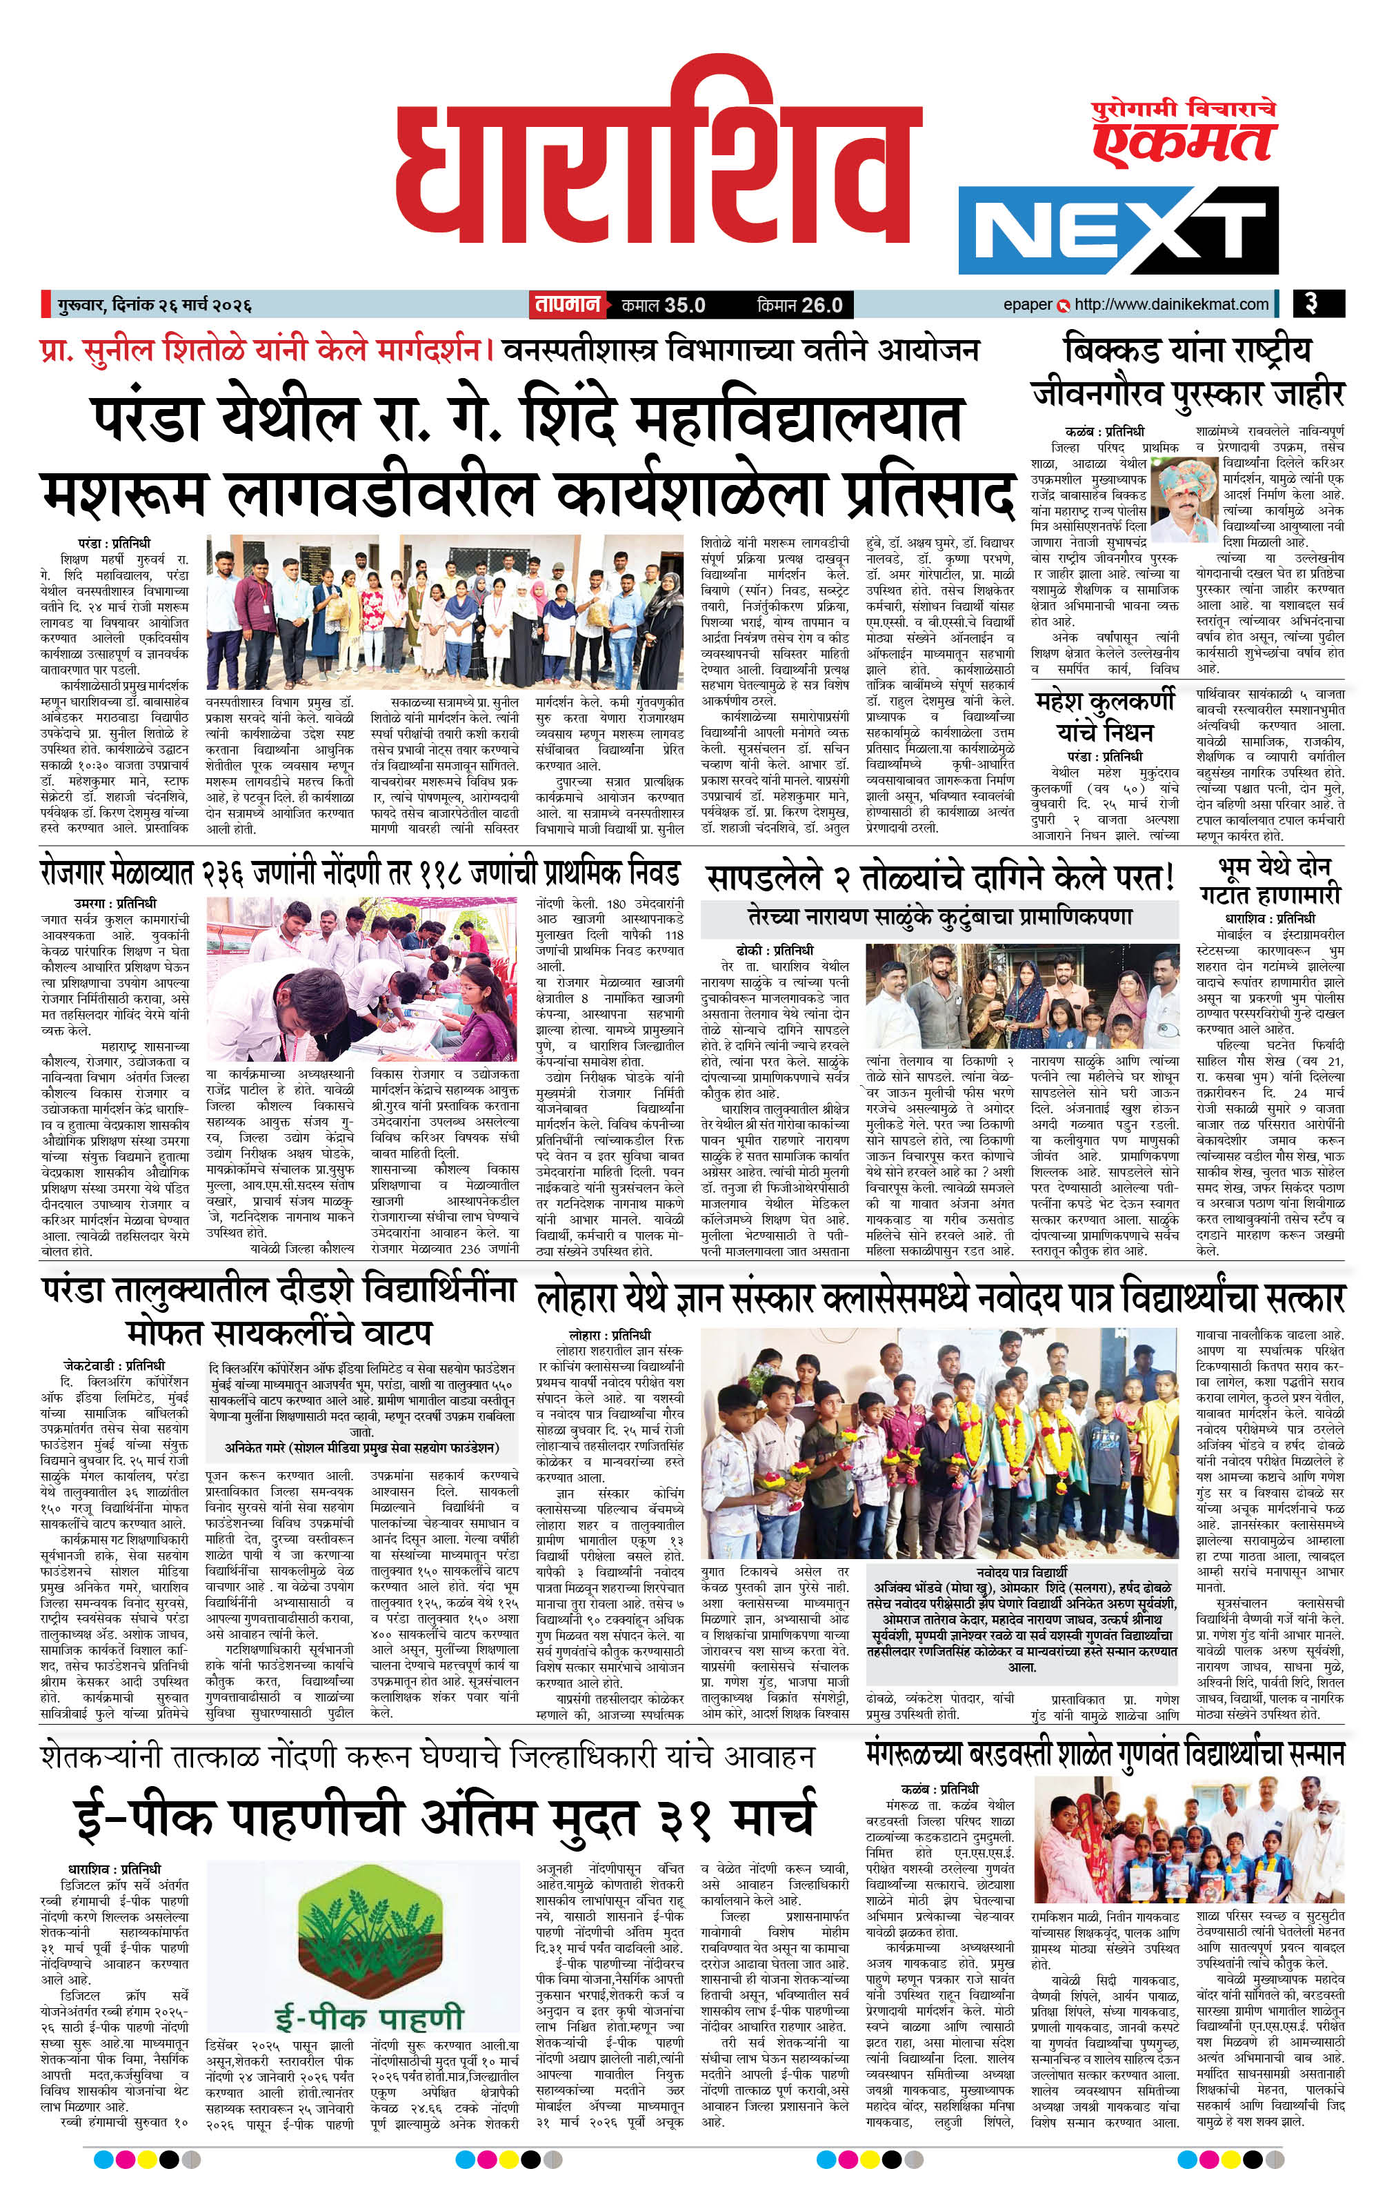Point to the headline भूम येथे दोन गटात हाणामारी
[1270, 879]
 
